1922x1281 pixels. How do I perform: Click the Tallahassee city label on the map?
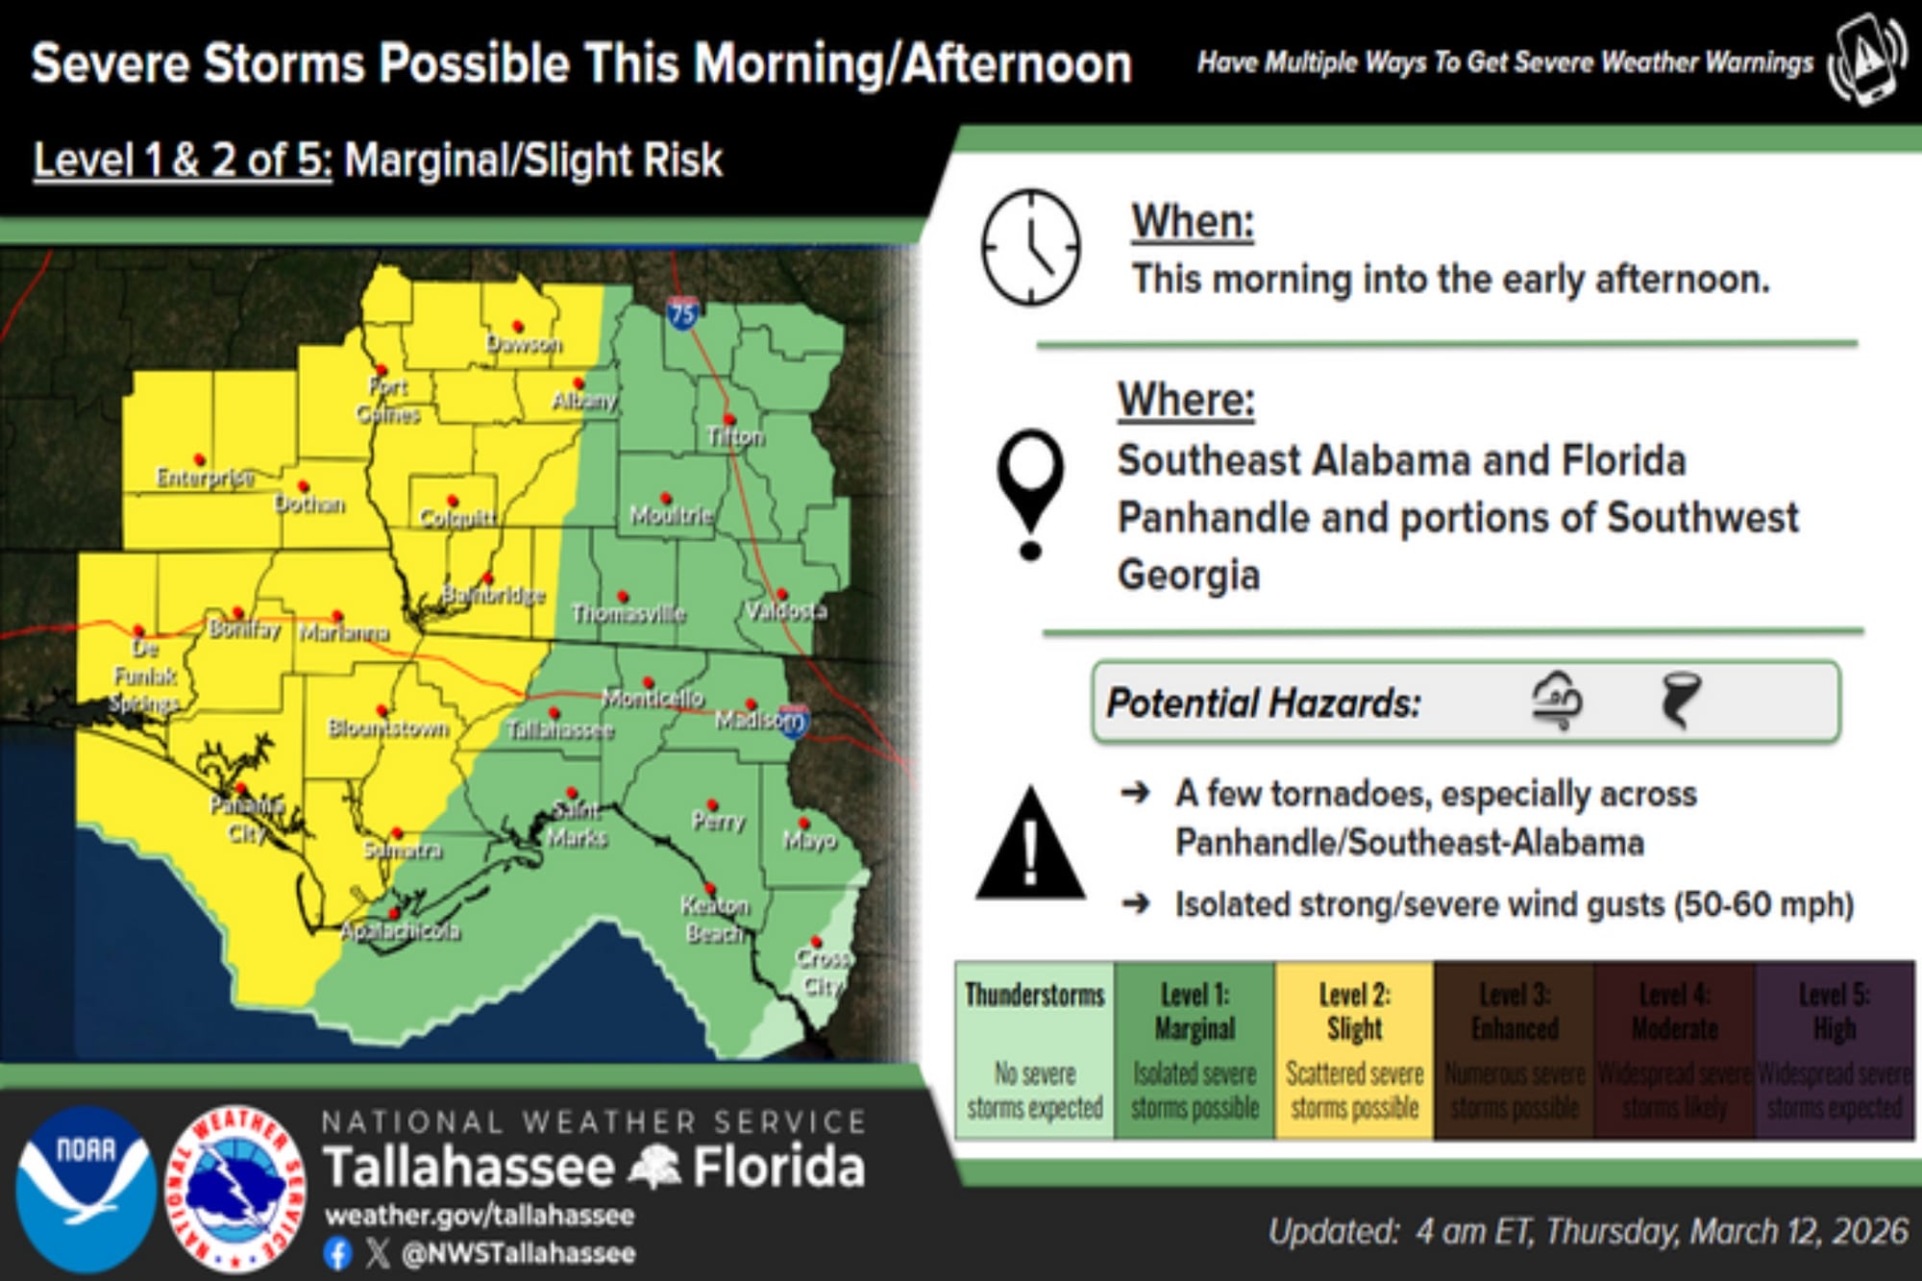[560, 731]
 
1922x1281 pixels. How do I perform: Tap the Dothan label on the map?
[309, 504]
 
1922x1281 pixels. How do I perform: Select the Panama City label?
[247, 819]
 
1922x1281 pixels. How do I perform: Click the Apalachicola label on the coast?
[401, 930]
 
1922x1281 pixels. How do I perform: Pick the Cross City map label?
[824, 972]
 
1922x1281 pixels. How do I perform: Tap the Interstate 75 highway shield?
[683, 312]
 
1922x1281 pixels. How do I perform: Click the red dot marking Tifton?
[729, 419]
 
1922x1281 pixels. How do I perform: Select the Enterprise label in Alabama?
[206, 478]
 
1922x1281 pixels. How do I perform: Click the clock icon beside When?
[1030, 248]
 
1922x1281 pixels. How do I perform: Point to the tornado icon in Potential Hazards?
[1680, 701]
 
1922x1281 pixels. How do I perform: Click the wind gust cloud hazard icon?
[1557, 701]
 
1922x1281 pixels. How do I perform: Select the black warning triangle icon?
[1030, 847]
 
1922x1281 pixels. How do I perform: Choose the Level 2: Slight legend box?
[1354, 1050]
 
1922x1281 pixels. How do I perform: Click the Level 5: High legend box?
[1834, 1050]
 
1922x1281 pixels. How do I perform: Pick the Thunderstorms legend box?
[1034, 1050]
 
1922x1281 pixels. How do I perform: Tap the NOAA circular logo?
[86, 1188]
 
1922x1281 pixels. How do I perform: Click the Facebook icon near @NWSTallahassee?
[337, 1253]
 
